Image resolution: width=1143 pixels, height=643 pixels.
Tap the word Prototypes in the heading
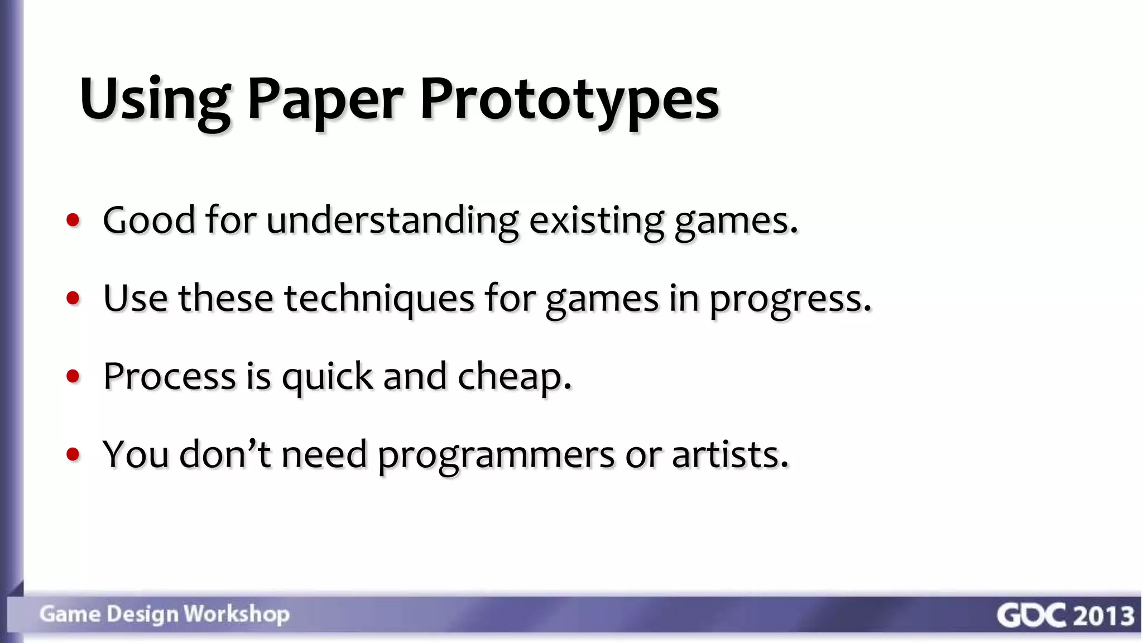(569, 100)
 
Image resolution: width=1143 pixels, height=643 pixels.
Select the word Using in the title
(155, 100)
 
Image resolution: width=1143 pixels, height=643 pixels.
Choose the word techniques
(379, 298)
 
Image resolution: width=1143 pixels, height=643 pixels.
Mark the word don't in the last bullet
(225, 454)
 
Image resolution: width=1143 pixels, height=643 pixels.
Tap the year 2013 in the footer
(1103, 615)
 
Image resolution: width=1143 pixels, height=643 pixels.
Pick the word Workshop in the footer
(237, 614)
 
